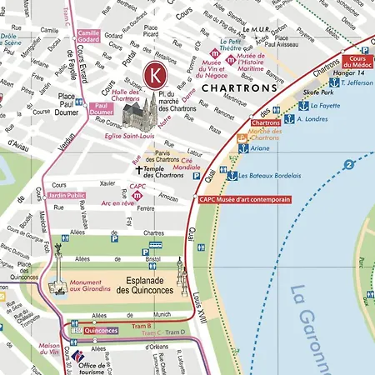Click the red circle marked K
tap(155, 74)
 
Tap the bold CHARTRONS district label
tap(230, 87)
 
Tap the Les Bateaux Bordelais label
tap(265, 176)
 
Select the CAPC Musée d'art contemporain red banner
tap(245, 200)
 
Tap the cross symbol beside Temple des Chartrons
tap(139, 170)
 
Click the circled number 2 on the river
tap(342, 163)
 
